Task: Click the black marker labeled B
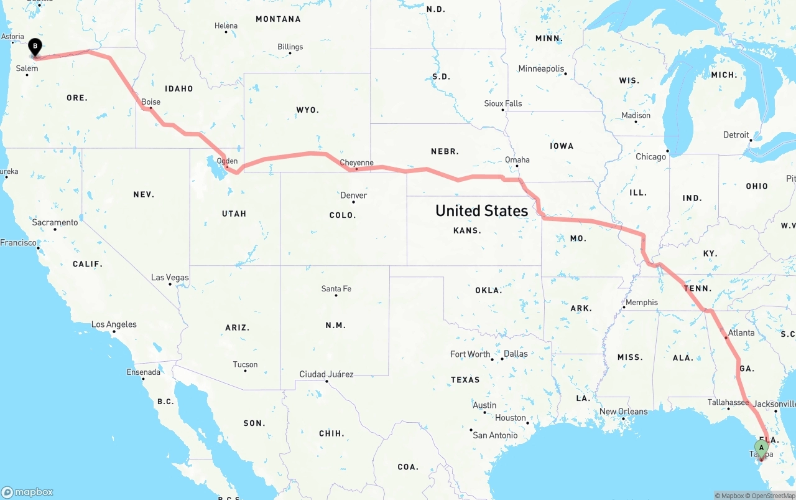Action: point(35,46)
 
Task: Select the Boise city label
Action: point(150,102)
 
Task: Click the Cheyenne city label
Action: point(357,163)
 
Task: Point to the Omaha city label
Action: point(517,160)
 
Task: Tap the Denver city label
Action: point(353,196)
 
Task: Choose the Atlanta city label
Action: point(741,333)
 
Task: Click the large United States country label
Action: point(481,210)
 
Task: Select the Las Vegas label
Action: point(170,278)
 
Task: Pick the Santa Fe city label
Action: point(336,289)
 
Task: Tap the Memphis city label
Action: point(641,303)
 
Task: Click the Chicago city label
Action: point(650,157)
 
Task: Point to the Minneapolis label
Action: point(541,69)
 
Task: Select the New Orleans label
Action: point(623,412)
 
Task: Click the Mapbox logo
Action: point(27,492)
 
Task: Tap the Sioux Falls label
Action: point(503,103)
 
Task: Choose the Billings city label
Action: point(290,47)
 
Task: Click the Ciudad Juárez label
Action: point(326,374)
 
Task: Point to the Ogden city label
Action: point(227,161)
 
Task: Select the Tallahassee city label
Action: point(728,402)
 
